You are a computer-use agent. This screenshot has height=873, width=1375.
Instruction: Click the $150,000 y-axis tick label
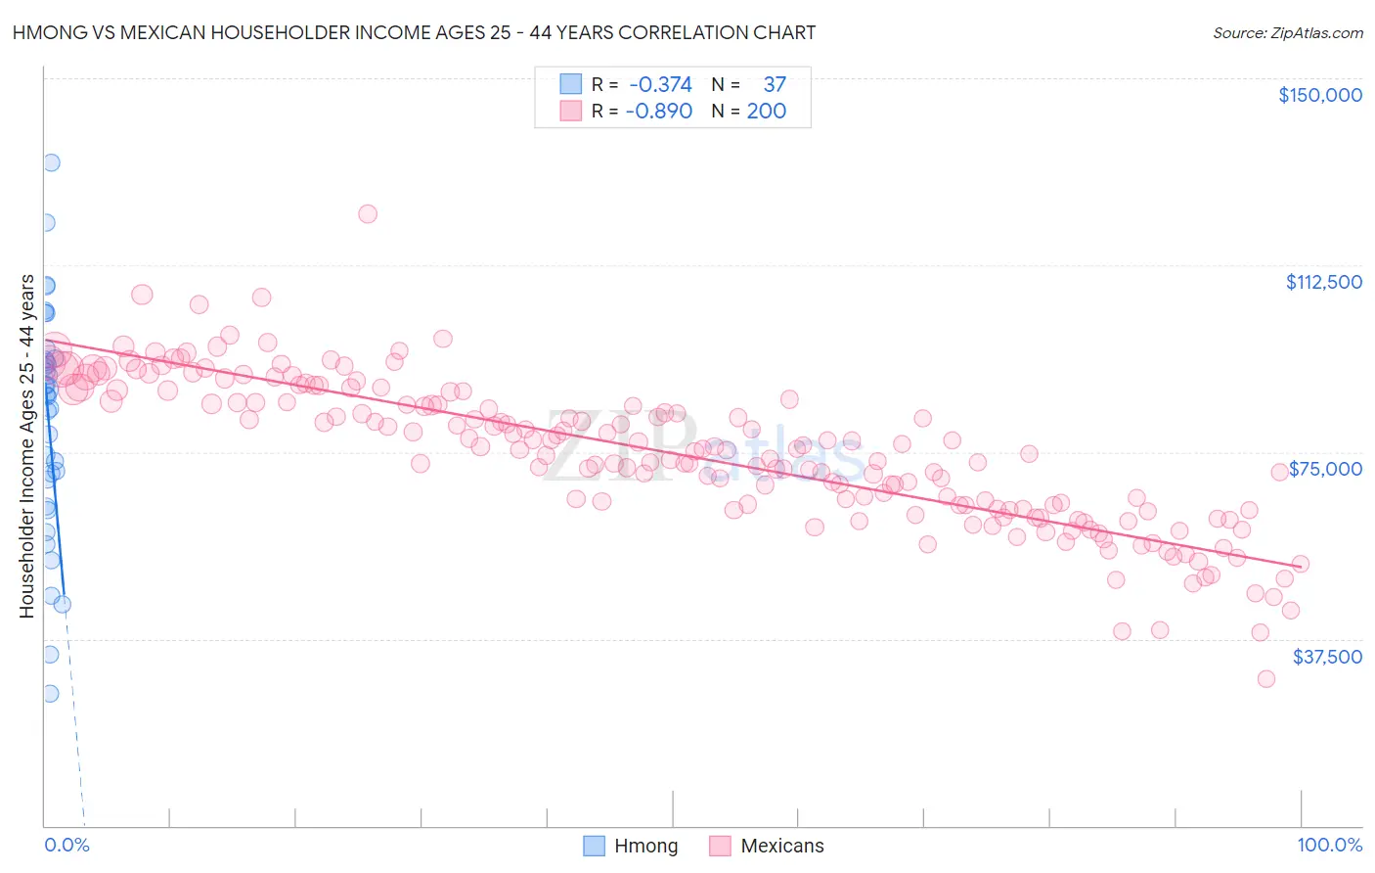(1319, 95)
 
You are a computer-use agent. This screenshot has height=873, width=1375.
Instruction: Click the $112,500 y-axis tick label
(1323, 282)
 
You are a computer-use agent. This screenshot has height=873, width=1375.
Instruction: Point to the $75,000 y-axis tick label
(1325, 469)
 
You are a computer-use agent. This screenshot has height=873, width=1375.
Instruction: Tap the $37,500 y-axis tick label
(1327, 657)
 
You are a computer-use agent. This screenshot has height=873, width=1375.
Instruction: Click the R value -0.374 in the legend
(660, 84)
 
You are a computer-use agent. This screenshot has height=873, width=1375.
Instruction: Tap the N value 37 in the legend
(775, 84)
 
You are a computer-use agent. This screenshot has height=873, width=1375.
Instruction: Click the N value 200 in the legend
(767, 111)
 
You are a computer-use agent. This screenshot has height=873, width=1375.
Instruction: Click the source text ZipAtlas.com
(1287, 33)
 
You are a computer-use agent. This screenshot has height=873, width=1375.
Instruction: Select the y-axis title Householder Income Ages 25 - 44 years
(26, 446)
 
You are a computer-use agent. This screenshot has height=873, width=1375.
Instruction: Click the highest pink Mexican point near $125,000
(368, 213)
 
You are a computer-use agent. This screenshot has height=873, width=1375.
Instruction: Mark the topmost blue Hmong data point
(51, 162)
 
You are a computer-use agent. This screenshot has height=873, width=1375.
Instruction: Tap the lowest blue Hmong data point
(50, 693)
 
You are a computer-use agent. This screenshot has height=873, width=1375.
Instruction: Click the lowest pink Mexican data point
(1266, 678)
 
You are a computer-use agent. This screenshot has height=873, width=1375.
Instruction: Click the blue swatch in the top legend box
(570, 84)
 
